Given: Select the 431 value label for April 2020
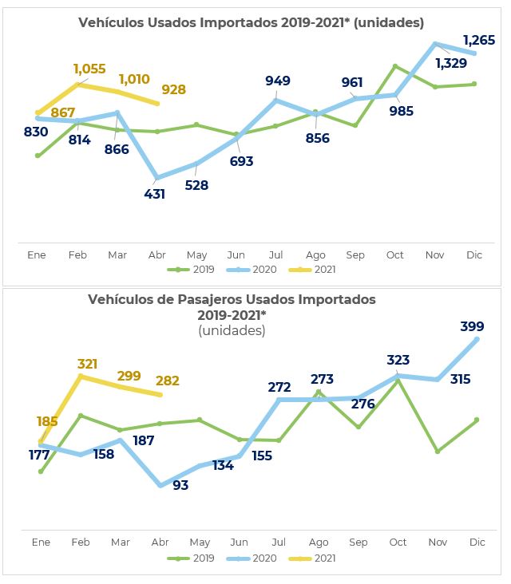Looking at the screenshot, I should pyautogui.click(x=154, y=194).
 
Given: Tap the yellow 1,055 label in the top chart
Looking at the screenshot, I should pyautogui.click(x=89, y=69).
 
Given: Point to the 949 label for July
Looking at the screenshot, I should pyautogui.click(x=278, y=81).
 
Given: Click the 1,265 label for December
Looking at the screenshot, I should pyautogui.click(x=479, y=40).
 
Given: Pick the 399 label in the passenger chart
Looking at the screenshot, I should pyautogui.click(x=472, y=326).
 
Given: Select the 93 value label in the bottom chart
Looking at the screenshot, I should pyautogui.click(x=180, y=484).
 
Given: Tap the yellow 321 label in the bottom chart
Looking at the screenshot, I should pyautogui.click(x=87, y=364).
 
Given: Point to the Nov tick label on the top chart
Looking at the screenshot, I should pyautogui.click(x=435, y=255).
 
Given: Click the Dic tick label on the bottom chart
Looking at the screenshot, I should pyautogui.click(x=477, y=543).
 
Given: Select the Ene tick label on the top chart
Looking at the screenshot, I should pyautogui.click(x=37, y=255).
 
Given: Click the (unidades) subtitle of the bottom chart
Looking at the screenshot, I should pyautogui.click(x=232, y=330).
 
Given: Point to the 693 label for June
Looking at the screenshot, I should pyautogui.click(x=241, y=161).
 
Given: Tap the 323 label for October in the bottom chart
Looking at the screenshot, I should pyautogui.click(x=398, y=360).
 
